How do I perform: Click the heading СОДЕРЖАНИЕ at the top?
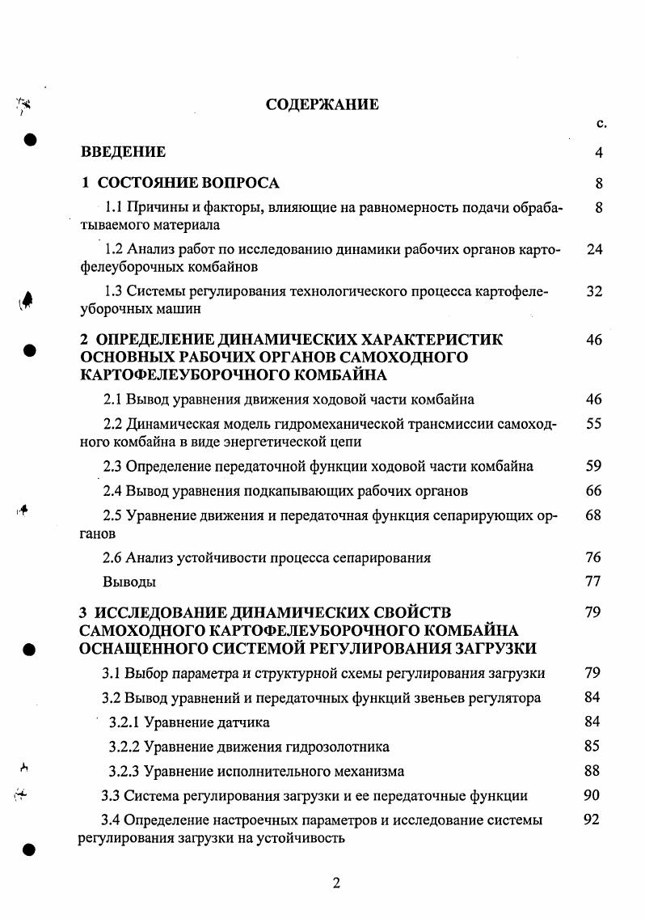click(x=322, y=104)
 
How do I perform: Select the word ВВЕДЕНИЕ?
click(x=123, y=152)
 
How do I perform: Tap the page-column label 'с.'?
click(x=601, y=124)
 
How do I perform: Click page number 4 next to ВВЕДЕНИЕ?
click(x=599, y=152)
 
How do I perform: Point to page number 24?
click(x=595, y=249)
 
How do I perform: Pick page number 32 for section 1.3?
click(x=595, y=291)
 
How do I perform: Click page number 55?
click(x=594, y=423)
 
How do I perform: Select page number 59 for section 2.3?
click(x=594, y=466)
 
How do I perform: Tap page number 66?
click(x=594, y=490)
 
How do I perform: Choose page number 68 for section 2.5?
click(x=594, y=515)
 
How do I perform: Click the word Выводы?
click(x=129, y=582)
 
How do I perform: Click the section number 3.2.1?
click(x=125, y=722)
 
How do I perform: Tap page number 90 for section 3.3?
click(x=591, y=795)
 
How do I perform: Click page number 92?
click(x=591, y=820)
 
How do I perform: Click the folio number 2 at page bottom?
click(x=336, y=883)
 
